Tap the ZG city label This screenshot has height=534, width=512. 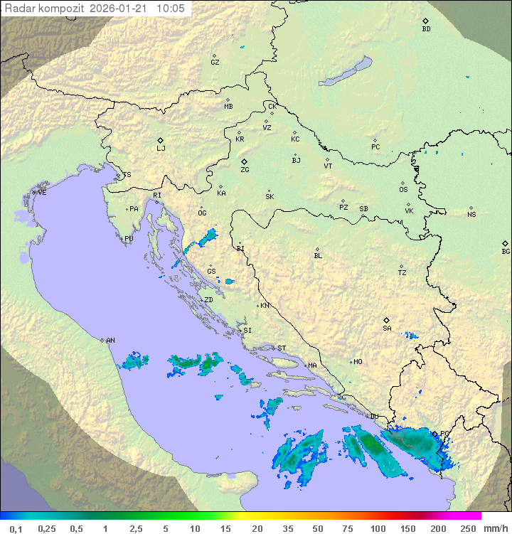coord(245,170)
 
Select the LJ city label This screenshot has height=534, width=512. coord(161,149)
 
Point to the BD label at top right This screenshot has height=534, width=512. coord(426,29)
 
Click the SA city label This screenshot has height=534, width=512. coord(387,329)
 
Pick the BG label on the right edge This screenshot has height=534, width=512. coord(506,252)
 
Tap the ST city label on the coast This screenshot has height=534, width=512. coord(282,348)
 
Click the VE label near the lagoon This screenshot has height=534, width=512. coord(42,193)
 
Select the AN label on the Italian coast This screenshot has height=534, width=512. coord(110,341)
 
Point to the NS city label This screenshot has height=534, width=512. coord(471,215)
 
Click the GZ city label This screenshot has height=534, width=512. coord(215,63)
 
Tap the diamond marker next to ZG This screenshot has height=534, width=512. coord(244,161)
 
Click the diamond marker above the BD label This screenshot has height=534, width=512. coord(425,21)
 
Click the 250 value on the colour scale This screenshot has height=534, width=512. coord(467,528)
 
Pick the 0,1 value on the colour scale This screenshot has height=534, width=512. coord(16,528)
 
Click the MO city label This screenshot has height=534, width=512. coord(358,362)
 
